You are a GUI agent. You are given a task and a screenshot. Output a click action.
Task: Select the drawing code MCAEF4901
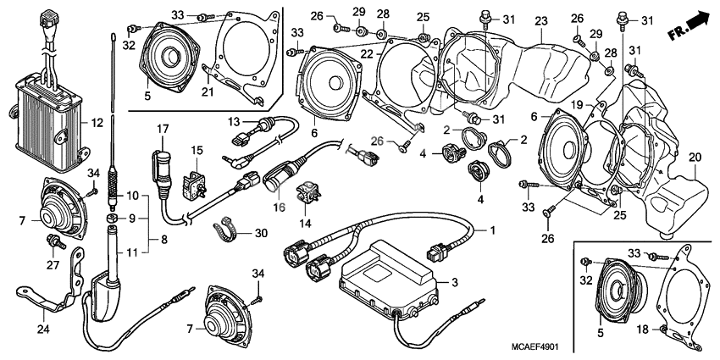[534, 346]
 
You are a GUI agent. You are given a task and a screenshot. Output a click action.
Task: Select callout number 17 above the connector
[159, 129]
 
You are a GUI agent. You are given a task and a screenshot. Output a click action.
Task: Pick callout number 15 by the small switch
[197, 150]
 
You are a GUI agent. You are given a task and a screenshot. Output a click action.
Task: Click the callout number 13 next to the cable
[234, 121]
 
